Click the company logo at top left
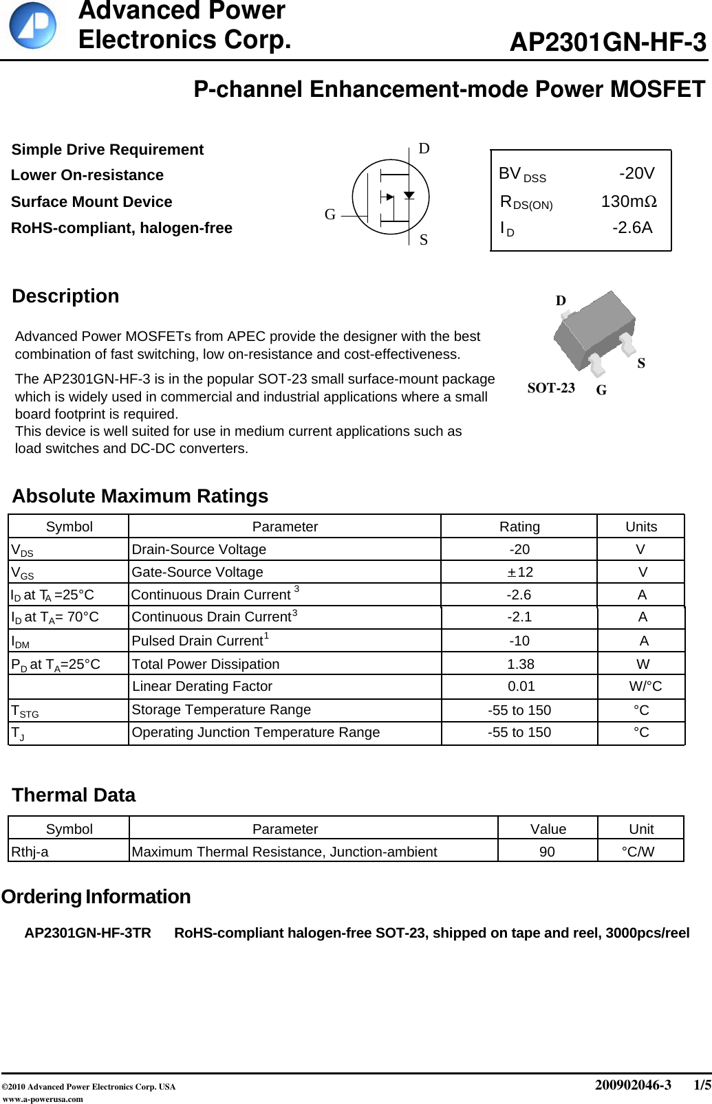[32, 25]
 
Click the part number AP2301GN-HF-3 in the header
[607, 43]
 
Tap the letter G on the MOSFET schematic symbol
[330, 214]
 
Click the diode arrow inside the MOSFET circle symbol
[409, 195]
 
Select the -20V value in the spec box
[636, 173]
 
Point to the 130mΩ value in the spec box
[629, 201]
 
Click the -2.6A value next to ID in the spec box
[632, 228]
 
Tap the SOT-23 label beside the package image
[551, 388]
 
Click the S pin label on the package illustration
[641, 363]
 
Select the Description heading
[65, 296]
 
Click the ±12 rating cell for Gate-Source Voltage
[519, 572]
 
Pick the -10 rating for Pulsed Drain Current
[519, 641]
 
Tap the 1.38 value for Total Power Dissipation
[520, 664]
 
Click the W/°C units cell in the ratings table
[645, 686]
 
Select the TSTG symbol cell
[25, 710]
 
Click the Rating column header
[519, 527]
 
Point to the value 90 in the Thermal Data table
[547, 852]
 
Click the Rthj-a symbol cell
[30, 852]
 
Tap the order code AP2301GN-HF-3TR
[87, 933]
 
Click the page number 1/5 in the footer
[702, 1085]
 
